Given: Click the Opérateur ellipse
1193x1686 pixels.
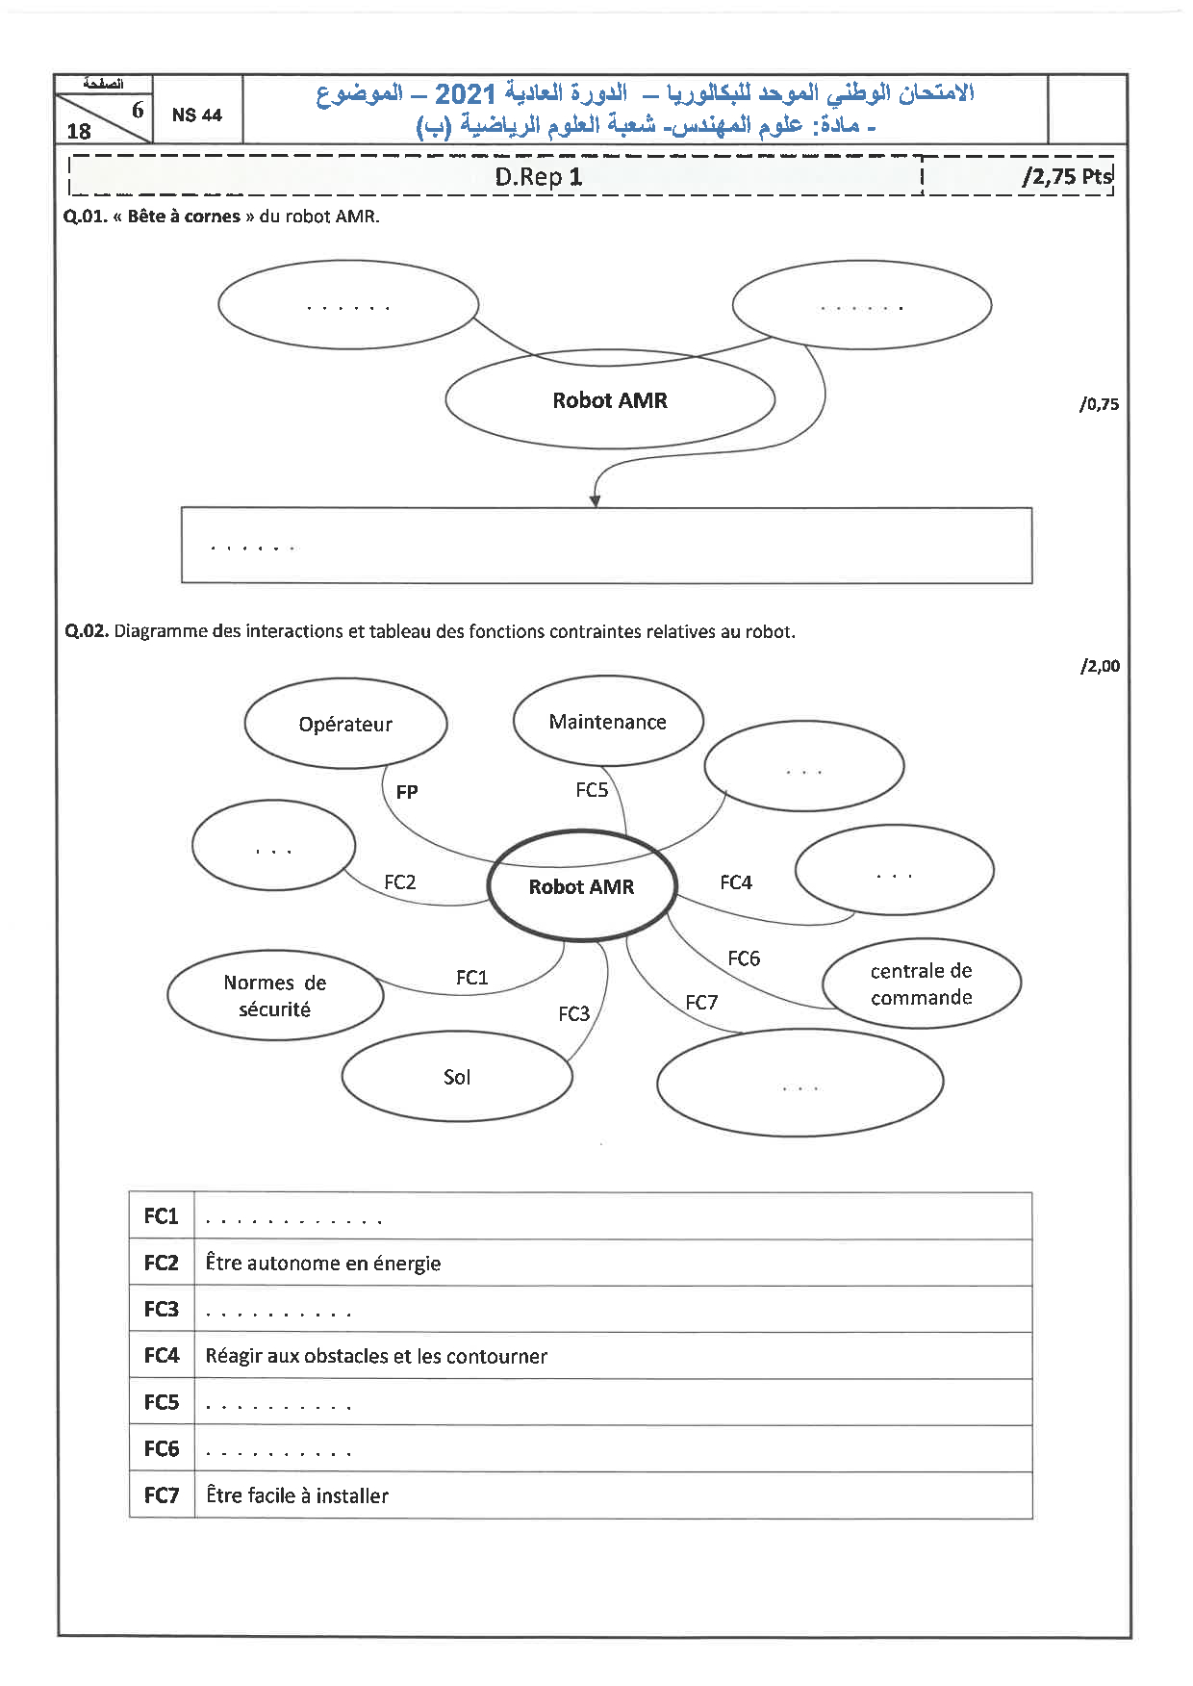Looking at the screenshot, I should (345, 725).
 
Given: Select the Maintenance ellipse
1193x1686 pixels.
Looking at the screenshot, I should (608, 722).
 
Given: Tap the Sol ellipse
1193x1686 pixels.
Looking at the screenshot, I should (457, 1077).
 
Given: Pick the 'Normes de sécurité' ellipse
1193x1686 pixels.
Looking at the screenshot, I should (275, 995).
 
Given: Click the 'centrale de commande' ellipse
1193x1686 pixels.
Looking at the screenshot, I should (922, 983).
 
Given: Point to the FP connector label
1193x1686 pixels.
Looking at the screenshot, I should (407, 792).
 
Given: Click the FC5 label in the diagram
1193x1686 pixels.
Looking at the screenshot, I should (592, 790).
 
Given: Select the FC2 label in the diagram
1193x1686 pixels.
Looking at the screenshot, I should (400, 881).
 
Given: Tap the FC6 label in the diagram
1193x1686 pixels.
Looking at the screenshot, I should (744, 958).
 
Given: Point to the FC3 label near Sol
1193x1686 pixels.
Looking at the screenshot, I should (574, 1013).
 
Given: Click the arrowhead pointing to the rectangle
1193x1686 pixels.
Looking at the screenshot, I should (595, 500).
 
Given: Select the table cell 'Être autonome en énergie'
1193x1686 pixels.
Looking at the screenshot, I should (323, 1264).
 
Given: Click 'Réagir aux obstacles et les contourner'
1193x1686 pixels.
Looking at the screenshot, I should (376, 1356).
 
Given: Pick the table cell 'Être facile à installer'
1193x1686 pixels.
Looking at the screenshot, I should (297, 1495).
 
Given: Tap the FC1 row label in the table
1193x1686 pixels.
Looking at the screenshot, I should (162, 1216).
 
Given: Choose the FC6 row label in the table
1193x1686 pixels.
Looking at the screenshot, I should (162, 1448).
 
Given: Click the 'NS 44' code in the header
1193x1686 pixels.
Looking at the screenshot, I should (196, 115).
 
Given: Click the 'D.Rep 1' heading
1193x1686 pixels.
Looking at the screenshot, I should (539, 176).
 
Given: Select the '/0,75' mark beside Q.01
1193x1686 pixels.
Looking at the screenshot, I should (1099, 404).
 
